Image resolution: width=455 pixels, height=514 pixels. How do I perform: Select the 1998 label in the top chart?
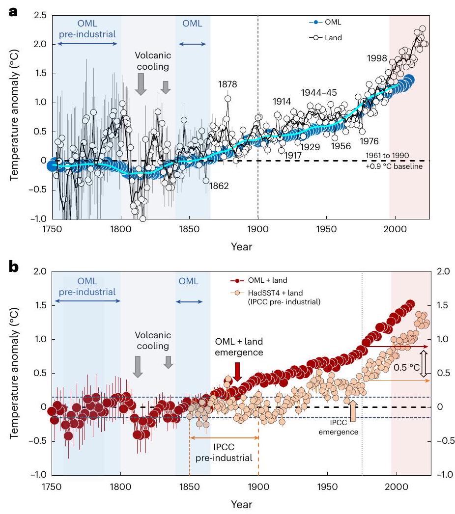377,58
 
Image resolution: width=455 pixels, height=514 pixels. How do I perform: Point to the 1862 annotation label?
219,186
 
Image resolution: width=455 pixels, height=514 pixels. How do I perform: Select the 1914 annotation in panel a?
283,102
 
